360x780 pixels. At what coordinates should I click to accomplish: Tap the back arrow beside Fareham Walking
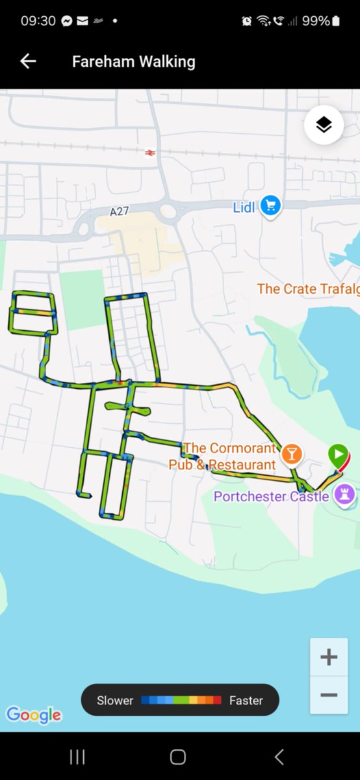point(28,61)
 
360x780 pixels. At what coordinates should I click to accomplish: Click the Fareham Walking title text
point(133,62)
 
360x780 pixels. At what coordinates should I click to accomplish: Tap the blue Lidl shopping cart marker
point(270,207)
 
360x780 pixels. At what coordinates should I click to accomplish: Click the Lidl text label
point(244,208)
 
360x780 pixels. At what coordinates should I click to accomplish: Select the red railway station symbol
point(150,152)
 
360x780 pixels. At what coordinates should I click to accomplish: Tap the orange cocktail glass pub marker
point(291,454)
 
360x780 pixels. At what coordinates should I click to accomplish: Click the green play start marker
point(337,454)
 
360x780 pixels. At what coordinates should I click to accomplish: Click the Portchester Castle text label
point(271,497)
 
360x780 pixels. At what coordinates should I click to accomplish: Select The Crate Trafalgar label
point(308,289)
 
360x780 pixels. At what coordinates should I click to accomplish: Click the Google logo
point(34,715)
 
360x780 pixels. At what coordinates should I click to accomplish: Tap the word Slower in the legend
point(115,701)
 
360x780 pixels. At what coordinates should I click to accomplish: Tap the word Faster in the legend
point(246,701)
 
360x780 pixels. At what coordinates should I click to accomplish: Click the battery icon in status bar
point(335,21)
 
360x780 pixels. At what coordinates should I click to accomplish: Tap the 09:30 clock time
point(38,21)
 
